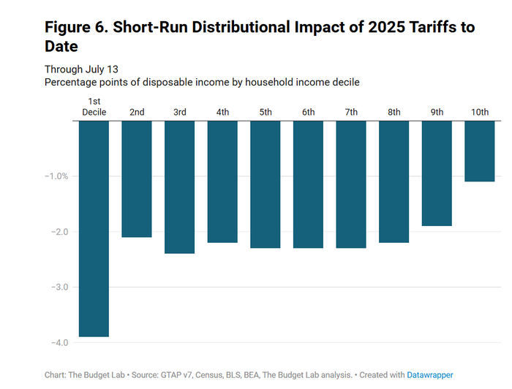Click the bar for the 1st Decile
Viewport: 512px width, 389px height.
(x=94, y=228)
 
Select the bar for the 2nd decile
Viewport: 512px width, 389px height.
(x=136, y=179)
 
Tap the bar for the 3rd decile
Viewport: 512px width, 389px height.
(x=179, y=187)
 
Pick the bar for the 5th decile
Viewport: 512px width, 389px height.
(x=265, y=184)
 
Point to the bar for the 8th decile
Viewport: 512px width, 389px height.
(x=394, y=181)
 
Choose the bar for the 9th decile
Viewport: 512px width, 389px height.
(x=437, y=173)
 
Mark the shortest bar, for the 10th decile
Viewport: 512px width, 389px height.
(x=479, y=151)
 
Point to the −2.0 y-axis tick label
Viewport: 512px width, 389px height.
(x=59, y=232)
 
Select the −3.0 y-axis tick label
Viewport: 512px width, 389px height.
(x=59, y=287)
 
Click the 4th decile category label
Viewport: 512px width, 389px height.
(x=222, y=112)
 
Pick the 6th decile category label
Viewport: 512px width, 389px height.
(x=308, y=112)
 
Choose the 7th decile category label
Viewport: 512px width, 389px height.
(x=351, y=112)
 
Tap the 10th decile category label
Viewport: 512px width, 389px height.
(x=480, y=112)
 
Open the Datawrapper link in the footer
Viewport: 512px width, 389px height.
(x=431, y=375)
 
